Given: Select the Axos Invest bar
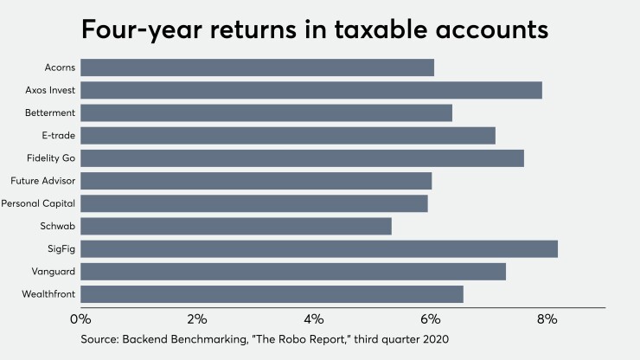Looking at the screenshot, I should [x=311, y=90].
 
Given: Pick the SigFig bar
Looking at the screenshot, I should [x=319, y=249].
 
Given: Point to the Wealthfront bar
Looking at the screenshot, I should [x=272, y=294].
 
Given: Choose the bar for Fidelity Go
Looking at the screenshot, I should [x=303, y=158].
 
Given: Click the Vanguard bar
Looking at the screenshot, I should [x=293, y=272].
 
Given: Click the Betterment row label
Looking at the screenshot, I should [x=51, y=112].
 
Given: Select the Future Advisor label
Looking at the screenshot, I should [x=43, y=181].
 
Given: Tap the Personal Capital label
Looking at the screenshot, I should [x=39, y=203].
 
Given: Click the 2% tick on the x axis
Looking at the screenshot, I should [x=197, y=319].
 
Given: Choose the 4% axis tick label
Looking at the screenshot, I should [x=314, y=319].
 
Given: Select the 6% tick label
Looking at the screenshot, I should [x=430, y=319].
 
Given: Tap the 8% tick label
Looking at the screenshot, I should [x=547, y=319].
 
